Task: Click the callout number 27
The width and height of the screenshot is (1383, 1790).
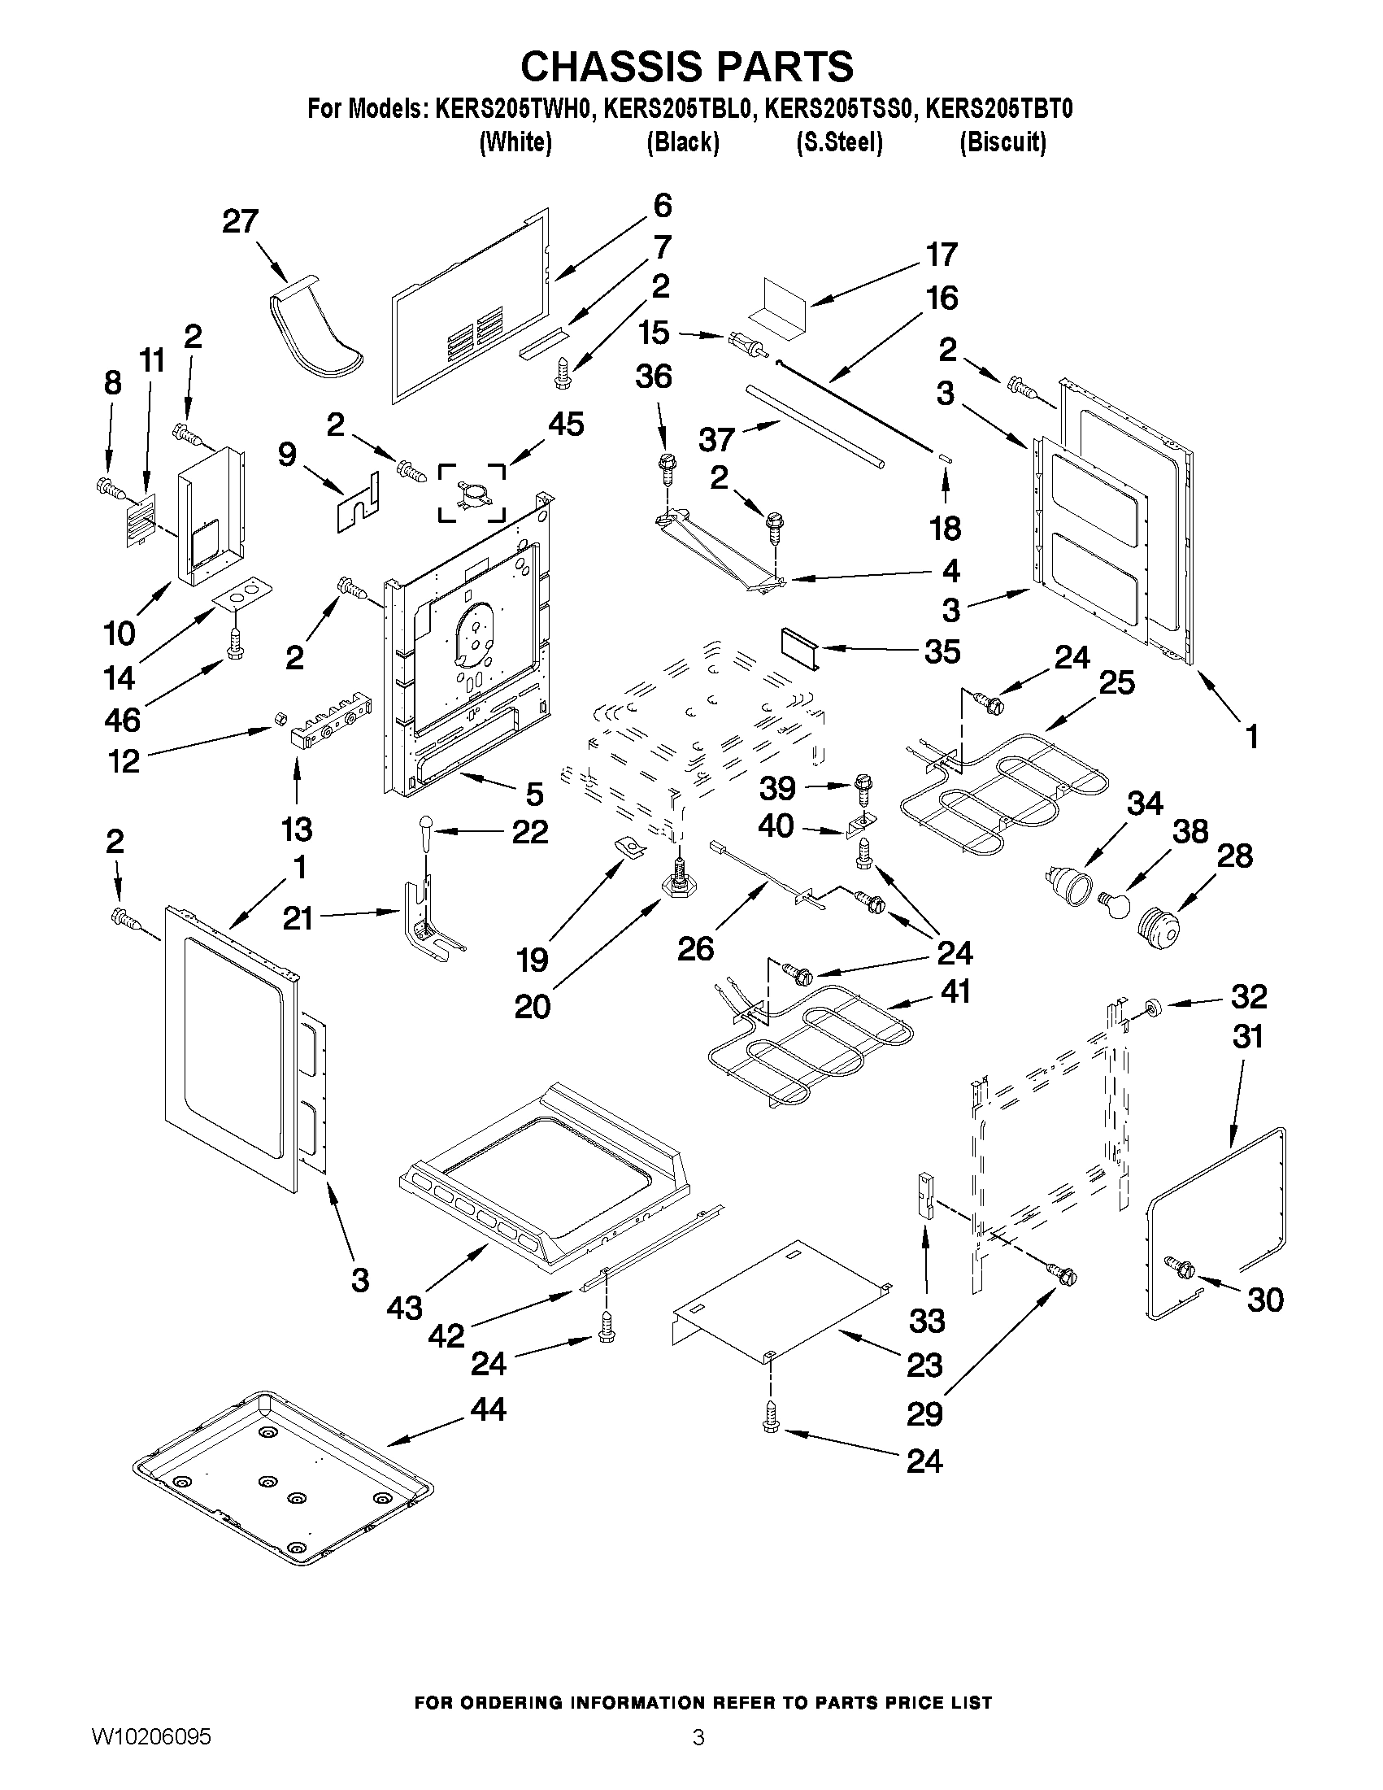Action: [x=240, y=221]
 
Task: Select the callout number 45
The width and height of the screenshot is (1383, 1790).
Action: [x=565, y=424]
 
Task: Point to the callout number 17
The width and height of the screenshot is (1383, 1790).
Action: [x=942, y=254]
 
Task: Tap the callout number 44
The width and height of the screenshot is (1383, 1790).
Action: [x=488, y=1408]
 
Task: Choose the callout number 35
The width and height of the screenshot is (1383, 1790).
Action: [x=942, y=651]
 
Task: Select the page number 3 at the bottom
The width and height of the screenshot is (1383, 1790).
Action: [x=698, y=1760]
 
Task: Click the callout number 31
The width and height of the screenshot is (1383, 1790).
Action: [x=1248, y=1037]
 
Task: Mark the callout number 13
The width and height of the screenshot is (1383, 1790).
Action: [x=297, y=829]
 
